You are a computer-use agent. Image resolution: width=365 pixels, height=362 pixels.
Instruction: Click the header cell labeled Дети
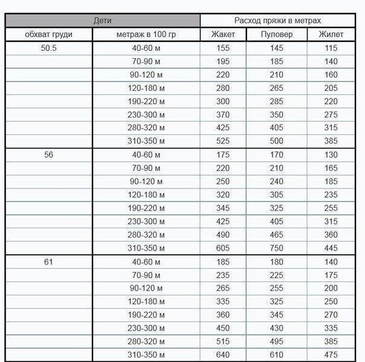102,21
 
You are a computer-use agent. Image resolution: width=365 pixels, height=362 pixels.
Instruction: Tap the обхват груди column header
49,35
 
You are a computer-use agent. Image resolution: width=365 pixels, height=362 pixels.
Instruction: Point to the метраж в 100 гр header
146,35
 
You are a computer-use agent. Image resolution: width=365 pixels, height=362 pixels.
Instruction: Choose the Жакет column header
223,35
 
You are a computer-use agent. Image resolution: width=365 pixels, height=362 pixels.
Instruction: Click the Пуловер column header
276,35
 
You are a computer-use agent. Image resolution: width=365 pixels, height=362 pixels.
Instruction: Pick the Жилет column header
331,35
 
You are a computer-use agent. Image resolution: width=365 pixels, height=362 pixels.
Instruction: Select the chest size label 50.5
49,48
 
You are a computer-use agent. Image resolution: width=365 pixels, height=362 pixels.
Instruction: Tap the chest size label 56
49,154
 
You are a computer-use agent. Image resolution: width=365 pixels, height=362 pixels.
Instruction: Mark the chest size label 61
49,262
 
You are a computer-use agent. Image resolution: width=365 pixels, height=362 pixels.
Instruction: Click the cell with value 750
277,248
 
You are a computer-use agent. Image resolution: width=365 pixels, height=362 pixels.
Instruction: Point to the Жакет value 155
223,48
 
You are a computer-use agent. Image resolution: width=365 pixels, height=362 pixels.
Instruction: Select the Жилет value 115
331,48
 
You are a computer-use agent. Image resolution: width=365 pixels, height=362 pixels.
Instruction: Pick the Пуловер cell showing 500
277,141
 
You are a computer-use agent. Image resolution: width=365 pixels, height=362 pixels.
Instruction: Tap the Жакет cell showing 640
223,355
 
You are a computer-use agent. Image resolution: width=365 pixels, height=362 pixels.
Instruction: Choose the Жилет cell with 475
331,355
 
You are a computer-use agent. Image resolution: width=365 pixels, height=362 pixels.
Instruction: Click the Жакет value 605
223,248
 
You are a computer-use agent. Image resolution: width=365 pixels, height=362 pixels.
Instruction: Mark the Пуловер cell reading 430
277,328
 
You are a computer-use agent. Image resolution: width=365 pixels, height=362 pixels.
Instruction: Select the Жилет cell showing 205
331,88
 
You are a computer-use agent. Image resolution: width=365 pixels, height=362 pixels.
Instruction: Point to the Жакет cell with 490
223,235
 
